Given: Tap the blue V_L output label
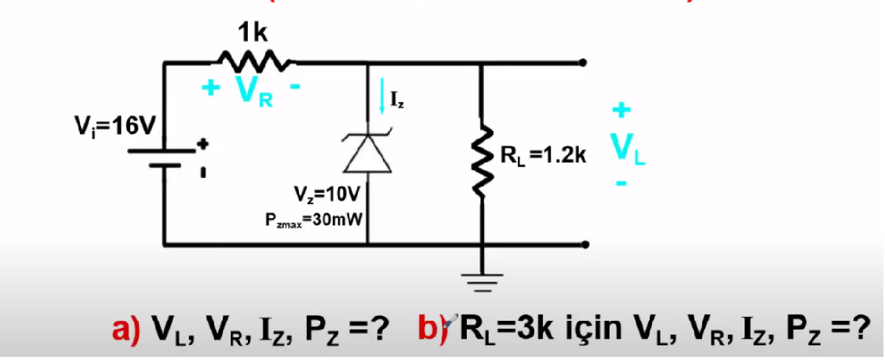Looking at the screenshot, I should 626,150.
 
